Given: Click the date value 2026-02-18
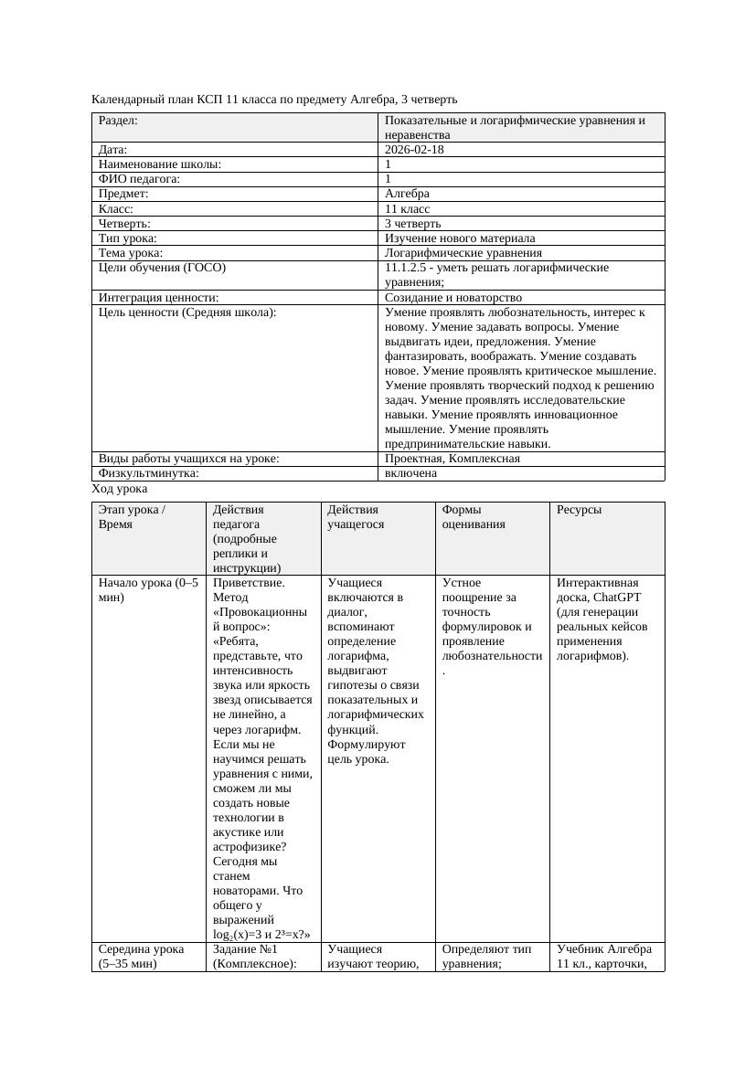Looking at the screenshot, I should coord(414,150).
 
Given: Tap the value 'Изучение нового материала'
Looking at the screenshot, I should coord(460,238).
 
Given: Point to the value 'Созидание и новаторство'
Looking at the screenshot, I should coord(453,298).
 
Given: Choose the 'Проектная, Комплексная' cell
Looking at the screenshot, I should coord(453,459).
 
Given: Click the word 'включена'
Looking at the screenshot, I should coord(410,473).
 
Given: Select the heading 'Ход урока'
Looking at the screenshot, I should coord(119,490).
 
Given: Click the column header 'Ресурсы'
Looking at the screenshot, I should coord(579,510).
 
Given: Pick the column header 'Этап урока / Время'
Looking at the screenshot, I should coord(132,517).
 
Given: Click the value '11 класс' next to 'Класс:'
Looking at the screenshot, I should coord(408,209).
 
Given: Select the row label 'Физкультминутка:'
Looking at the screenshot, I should coord(148,473).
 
